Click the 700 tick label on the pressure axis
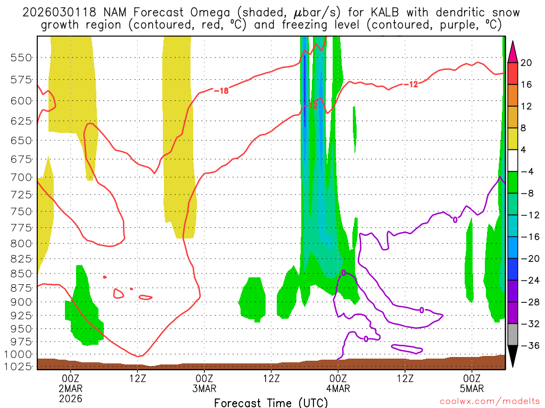coord(21,177)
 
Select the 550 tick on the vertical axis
coord(21,57)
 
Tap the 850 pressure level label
coord(21,274)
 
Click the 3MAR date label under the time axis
coord(205,388)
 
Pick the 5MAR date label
coord(472,388)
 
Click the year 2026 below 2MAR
coord(71,398)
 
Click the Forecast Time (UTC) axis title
coord(271,402)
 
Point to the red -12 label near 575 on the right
coord(410,84)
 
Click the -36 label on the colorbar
coord(528,345)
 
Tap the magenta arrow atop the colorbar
coord(513,52)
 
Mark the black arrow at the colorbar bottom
coord(513,356)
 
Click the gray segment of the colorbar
coord(513,335)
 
